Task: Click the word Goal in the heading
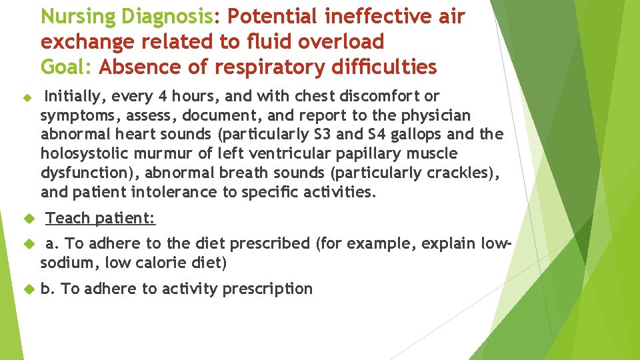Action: tap(65, 67)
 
